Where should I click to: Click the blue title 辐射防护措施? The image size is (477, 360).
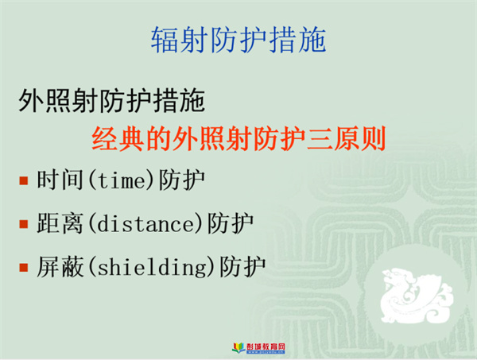[x=238, y=40]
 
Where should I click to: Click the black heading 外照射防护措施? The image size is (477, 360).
[x=111, y=100]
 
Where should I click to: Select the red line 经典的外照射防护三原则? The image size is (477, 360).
[x=238, y=138]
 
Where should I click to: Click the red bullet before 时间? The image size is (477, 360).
[x=23, y=180]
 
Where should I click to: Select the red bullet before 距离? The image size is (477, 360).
[x=23, y=224]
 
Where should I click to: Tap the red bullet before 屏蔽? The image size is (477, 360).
[x=23, y=268]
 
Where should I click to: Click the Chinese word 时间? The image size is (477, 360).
[x=60, y=180]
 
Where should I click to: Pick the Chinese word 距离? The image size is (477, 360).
[x=60, y=223]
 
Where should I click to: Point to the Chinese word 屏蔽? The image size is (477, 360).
[x=60, y=267]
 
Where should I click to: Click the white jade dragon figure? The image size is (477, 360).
[x=416, y=295]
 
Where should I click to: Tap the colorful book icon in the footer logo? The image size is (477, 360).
[x=238, y=347]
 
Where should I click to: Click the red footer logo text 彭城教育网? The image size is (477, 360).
[x=266, y=346]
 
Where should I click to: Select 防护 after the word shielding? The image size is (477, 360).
[x=242, y=267]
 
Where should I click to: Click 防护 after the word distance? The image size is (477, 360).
[x=231, y=223]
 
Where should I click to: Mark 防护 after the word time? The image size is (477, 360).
[x=182, y=180]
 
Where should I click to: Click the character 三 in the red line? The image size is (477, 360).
[x=320, y=139]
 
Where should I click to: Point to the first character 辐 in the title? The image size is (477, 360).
[x=165, y=40]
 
